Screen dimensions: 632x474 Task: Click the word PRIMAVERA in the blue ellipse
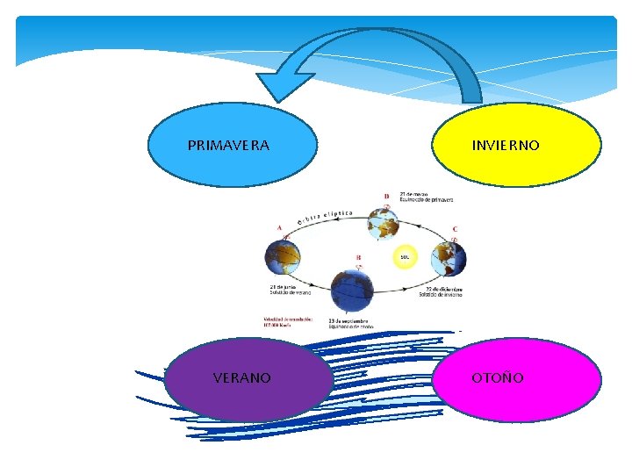click(228, 145)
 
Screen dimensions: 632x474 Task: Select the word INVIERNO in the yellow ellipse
click(506, 145)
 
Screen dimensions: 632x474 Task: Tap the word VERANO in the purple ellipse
click(242, 378)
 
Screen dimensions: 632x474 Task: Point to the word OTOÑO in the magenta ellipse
click(498, 378)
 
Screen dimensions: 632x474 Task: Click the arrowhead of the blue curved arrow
click(279, 86)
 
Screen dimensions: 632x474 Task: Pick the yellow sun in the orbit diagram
click(405, 257)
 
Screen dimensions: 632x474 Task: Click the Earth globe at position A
click(283, 257)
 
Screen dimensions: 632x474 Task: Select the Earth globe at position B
click(352, 290)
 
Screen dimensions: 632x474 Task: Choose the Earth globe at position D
click(384, 224)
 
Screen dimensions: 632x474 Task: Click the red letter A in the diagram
click(279, 228)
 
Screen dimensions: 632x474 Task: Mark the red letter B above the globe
click(358, 258)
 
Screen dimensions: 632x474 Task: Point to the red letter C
click(455, 229)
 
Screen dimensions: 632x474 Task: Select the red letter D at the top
click(386, 196)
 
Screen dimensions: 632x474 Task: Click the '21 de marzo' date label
click(414, 193)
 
